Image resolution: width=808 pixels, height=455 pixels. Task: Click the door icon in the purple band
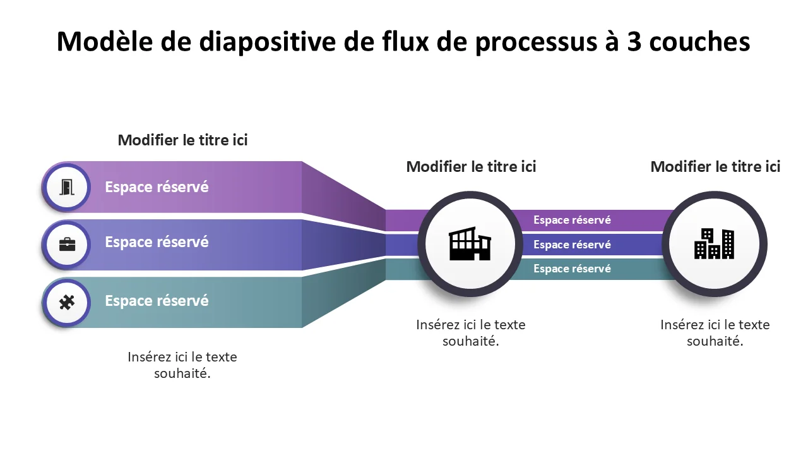tap(67, 187)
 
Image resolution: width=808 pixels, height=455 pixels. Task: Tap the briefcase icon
tap(67, 245)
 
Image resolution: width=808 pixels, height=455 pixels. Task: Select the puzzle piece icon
tap(67, 302)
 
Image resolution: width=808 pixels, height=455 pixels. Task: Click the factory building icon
tap(470, 243)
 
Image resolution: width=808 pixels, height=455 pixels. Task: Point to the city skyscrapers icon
tap(714, 244)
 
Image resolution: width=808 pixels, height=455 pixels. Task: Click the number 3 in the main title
tap(634, 42)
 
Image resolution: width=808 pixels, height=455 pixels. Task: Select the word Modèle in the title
tap(105, 41)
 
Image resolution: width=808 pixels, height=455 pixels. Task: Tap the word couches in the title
tap(700, 42)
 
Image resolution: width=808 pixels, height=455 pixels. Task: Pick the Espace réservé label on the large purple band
tap(157, 187)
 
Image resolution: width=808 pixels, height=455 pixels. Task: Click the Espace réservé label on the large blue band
tap(157, 242)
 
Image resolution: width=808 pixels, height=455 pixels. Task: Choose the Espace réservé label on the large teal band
tap(157, 301)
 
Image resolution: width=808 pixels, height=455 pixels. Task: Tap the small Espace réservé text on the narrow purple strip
tap(572, 220)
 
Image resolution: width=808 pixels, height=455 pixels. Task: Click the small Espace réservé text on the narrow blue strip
tap(572, 245)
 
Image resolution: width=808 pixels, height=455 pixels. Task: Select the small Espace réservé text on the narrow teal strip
tap(572, 269)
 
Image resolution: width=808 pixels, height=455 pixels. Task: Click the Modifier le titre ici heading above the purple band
tap(182, 140)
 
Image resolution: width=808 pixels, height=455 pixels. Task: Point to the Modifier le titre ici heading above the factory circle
tap(471, 166)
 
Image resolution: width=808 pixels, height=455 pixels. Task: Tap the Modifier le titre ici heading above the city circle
tap(715, 166)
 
